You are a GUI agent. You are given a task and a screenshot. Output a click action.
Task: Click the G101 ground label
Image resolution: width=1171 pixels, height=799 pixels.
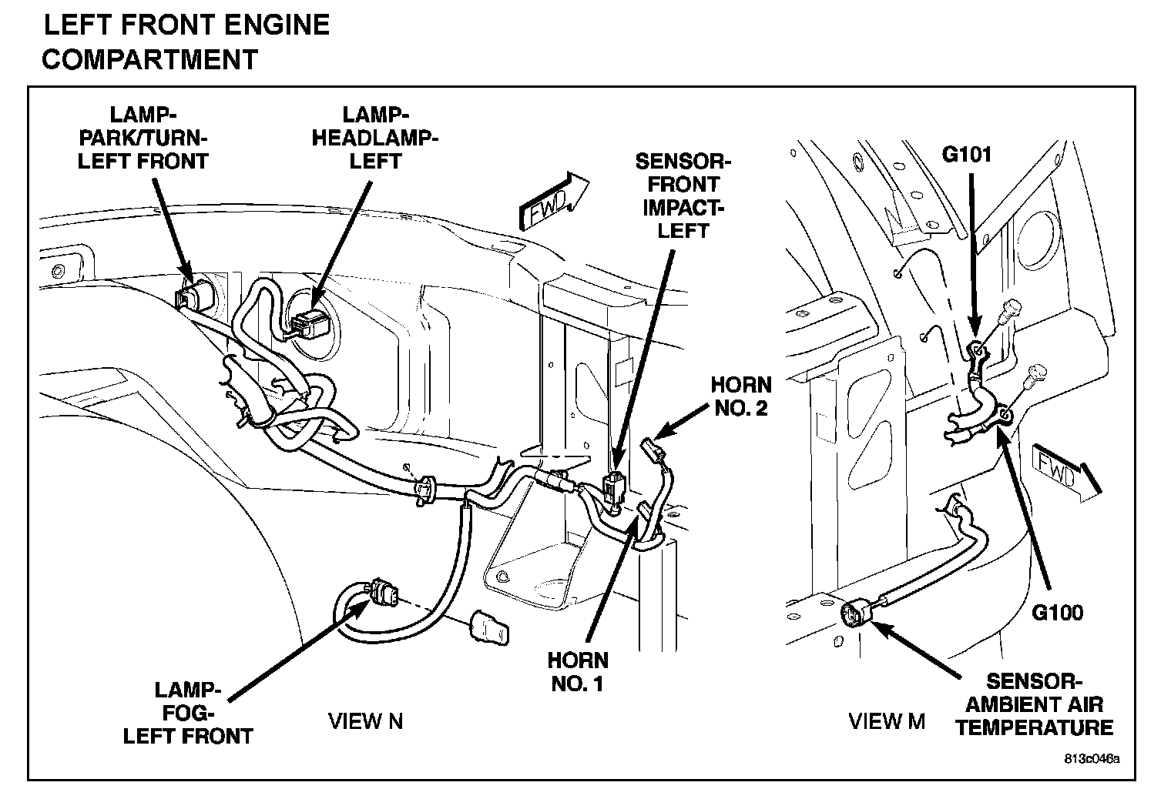(x=967, y=155)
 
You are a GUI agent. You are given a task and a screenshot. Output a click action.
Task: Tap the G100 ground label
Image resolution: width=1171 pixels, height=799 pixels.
(x=1058, y=613)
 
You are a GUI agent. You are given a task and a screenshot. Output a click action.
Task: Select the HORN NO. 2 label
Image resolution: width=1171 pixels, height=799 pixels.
(x=741, y=396)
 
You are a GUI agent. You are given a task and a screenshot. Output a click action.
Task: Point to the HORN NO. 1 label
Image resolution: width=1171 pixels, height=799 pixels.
(x=578, y=672)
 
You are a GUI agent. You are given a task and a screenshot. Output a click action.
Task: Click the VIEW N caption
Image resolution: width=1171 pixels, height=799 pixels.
(x=365, y=721)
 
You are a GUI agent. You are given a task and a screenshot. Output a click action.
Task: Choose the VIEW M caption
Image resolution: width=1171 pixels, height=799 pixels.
(x=887, y=721)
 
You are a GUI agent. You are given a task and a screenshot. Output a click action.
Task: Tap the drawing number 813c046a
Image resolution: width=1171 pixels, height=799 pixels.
(x=1092, y=759)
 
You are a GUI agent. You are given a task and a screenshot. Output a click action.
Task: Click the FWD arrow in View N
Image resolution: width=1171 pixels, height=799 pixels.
(x=554, y=202)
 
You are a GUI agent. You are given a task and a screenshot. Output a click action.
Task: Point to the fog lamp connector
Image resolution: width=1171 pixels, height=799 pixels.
(x=383, y=594)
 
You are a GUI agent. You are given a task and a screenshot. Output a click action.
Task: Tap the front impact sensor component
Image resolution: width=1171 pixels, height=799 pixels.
(x=614, y=487)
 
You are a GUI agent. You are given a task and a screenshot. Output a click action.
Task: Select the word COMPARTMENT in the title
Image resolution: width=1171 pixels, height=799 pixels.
(x=150, y=59)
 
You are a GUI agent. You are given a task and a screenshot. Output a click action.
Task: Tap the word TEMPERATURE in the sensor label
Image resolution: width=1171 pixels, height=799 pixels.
(x=1035, y=728)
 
